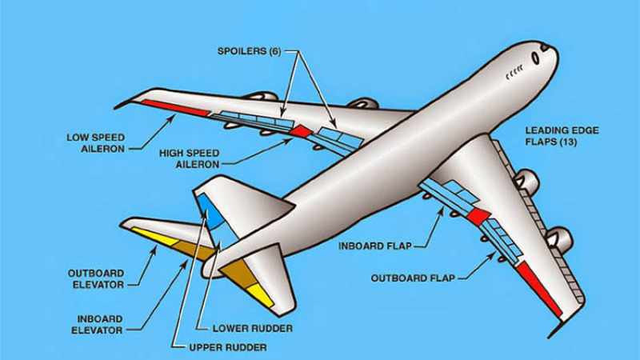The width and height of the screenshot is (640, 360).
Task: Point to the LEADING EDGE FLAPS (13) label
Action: pyautogui.click(x=562, y=135)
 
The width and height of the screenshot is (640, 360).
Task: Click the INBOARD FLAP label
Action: pyautogui.click(x=375, y=246)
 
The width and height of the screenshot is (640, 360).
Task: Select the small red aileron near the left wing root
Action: pyautogui.click(x=301, y=130)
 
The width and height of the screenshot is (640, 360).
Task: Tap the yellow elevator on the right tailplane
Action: pyautogui.click(x=261, y=293)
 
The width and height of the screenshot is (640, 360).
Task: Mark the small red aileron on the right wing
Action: pyautogui.click(x=478, y=216)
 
